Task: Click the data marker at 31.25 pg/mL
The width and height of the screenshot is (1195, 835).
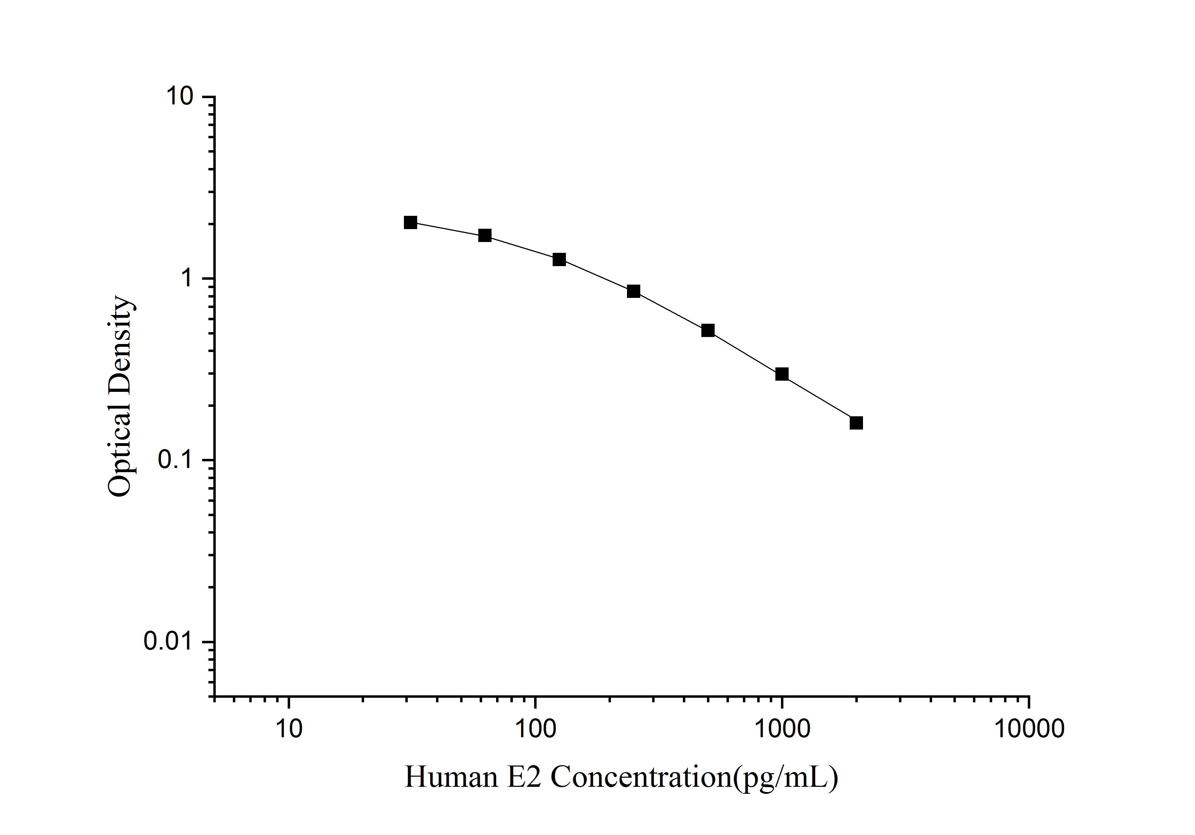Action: pyautogui.click(x=411, y=223)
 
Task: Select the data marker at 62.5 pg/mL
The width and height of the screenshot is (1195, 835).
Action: pyautogui.click(x=485, y=236)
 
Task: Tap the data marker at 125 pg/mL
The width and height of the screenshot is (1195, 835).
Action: pyautogui.click(x=560, y=259)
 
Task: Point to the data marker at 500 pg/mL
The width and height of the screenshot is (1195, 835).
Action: pyautogui.click(x=708, y=331)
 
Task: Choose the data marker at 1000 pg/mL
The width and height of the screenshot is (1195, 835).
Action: pyautogui.click(x=782, y=374)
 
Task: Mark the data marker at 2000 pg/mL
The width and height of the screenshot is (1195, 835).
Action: pyautogui.click(x=856, y=423)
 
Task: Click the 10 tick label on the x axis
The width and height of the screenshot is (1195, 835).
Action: pyautogui.click(x=288, y=729)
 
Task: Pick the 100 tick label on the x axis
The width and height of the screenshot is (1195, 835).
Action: pyautogui.click(x=535, y=729)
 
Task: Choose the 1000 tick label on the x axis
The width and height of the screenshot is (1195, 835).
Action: pyautogui.click(x=782, y=729)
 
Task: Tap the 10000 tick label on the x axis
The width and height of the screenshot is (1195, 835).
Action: pyautogui.click(x=1028, y=729)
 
